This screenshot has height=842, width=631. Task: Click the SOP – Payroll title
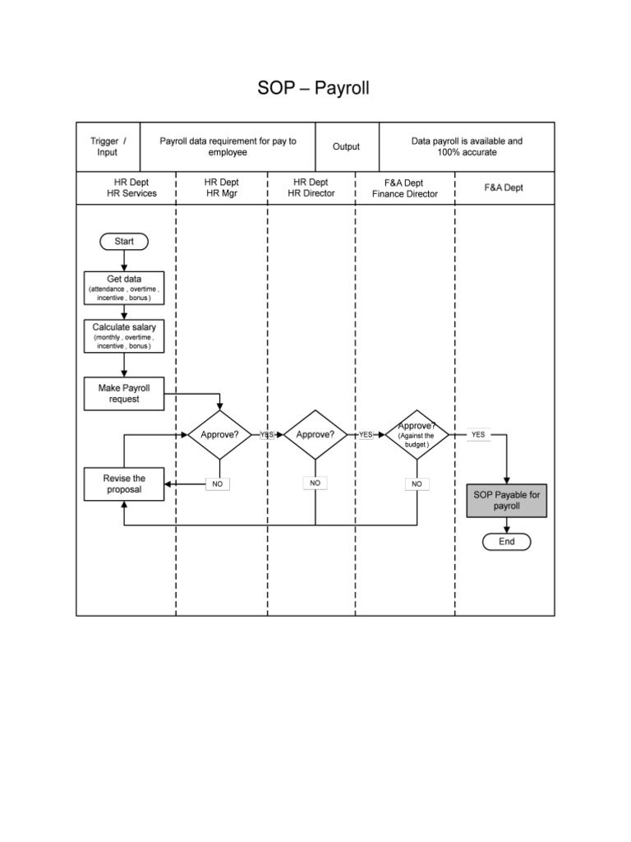tap(315, 88)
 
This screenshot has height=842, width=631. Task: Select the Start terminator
tap(123, 241)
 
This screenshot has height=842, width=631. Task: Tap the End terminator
tap(506, 541)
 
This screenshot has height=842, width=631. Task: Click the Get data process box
tap(124, 288)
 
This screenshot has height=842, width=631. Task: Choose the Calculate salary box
tap(124, 336)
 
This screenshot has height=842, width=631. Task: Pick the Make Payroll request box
tap(124, 393)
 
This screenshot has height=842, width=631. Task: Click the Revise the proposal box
tap(124, 483)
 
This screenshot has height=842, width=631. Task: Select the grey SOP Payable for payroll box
tap(506, 501)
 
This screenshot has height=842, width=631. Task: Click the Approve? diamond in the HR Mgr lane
tap(219, 434)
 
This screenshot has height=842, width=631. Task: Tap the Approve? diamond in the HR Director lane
tap(315, 434)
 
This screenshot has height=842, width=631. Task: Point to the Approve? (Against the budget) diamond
tap(417, 434)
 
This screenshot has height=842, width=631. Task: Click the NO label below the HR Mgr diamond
tap(218, 484)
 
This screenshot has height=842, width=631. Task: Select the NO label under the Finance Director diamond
tap(417, 484)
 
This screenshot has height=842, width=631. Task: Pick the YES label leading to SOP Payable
tap(477, 434)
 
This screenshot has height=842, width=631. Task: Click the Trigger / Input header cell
tap(108, 146)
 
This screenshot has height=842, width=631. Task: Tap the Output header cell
tap(346, 146)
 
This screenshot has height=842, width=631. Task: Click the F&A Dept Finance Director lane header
tap(405, 187)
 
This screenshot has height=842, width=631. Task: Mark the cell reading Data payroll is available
tap(467, 146)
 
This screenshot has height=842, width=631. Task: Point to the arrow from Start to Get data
tap(124, 260)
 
